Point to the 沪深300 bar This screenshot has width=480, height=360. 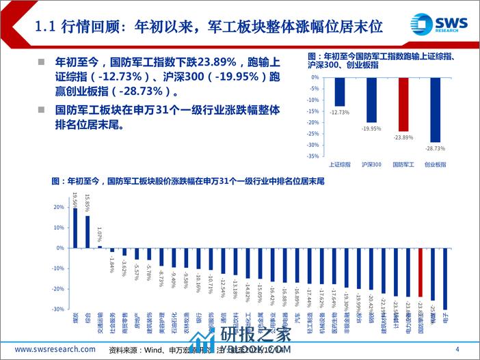pyautogui.click(x=371, y=100)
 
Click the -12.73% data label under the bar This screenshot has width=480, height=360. pyautogui.click(x=340, y=111)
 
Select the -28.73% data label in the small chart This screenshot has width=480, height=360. pyautogui.click(x=436, y=148)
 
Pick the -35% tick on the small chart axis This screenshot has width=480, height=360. pyautogui.click(x=313, y=156)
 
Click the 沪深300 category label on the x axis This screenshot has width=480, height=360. pyautogui.click(x=371, y=164)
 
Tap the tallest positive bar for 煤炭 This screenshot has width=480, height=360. pyautogui.click(x=75, y=227)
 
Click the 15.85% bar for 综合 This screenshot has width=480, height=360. pyautogui.click(x=88, y=231)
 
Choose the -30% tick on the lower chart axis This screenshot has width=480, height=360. pyautogui.click(x=58, y=309)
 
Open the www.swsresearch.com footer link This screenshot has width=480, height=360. pyautogui.click(x=55, y=350)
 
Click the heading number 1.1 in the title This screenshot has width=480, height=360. pyautogui.click(x=47, y=29)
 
